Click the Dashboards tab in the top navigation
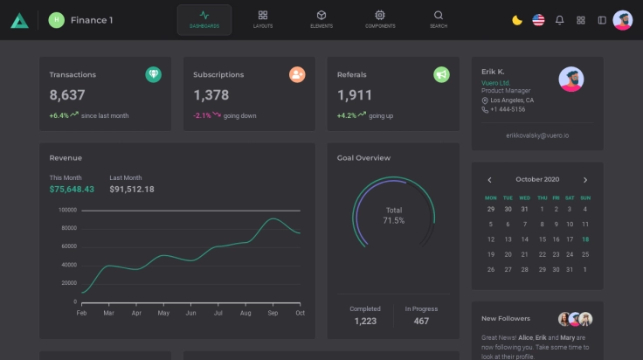pos(204,19)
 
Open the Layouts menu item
pos(263,19)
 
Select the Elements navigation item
pos(321,19)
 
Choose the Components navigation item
pos(380,19)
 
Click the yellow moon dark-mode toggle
pos(517,20)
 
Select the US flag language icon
pos(538,20)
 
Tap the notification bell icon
pos(560,20)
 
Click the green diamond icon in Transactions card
pos(153,75)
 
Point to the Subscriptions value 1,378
pos(211,95)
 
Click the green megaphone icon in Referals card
pos(441,75)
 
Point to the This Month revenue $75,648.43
pos(72,189)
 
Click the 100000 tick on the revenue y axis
pos(67,210)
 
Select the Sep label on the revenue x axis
pos(273,312)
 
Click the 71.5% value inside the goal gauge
pos(394,221)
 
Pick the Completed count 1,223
pos(365,322)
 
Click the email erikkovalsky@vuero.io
pos(537,135)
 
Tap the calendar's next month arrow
pos(585,180)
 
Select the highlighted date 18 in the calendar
pos(585,239)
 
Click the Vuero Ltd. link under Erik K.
pos(495,83)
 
